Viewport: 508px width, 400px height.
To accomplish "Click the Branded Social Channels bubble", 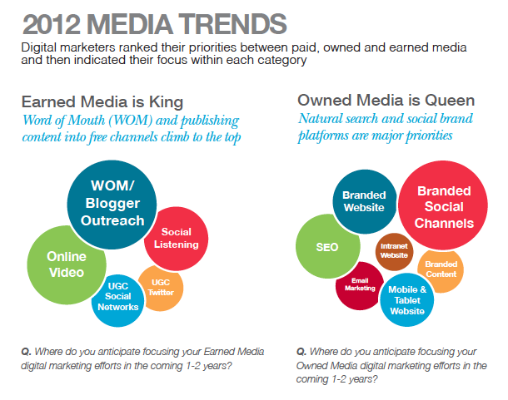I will (x=445, y=208).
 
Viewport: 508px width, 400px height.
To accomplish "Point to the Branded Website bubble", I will (x=363, y=202).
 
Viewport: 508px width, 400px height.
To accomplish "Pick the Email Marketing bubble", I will (x=359, y=284).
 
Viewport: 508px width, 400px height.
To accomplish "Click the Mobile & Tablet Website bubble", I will (x=407, y=299).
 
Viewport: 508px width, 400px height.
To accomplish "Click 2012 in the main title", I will (x=54, y=21).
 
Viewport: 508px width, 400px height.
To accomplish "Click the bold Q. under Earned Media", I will (x=27, y=352).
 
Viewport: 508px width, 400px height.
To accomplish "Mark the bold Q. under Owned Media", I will (x=301, y=352).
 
